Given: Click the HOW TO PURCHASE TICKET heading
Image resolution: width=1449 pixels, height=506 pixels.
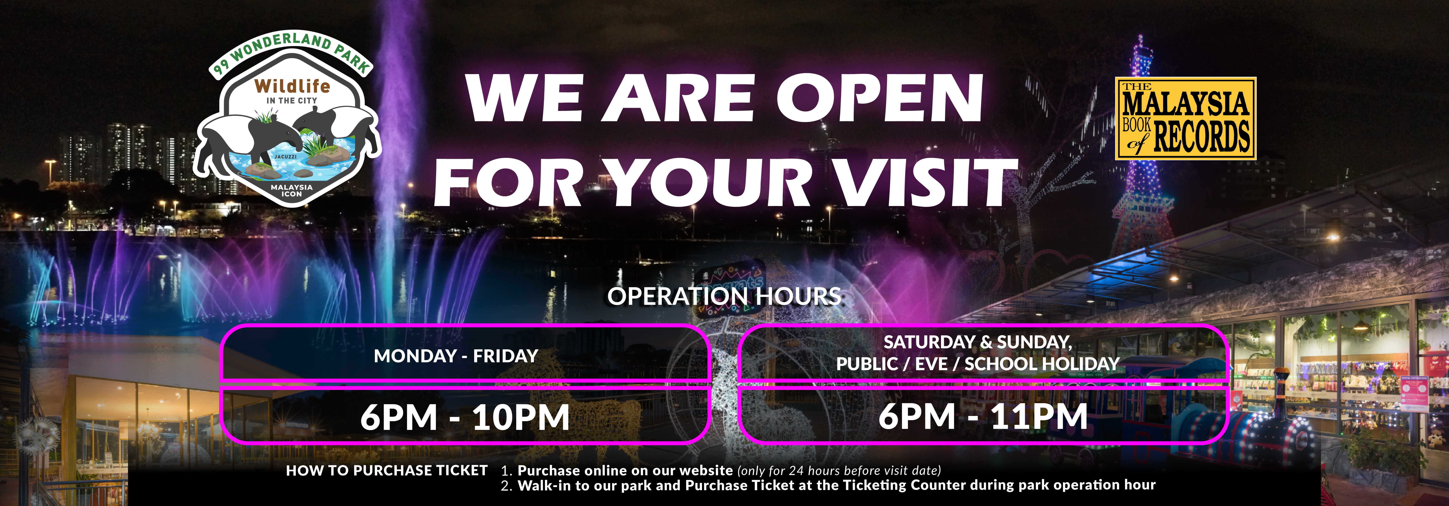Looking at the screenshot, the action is pyautogui.click(x=386, y=471).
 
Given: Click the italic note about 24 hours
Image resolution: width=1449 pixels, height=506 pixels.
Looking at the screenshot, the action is pyautogui.click(x=839, y=471).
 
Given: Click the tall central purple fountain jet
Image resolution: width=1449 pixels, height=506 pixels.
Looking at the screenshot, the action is pyautogui.click(x=394, y=141).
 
